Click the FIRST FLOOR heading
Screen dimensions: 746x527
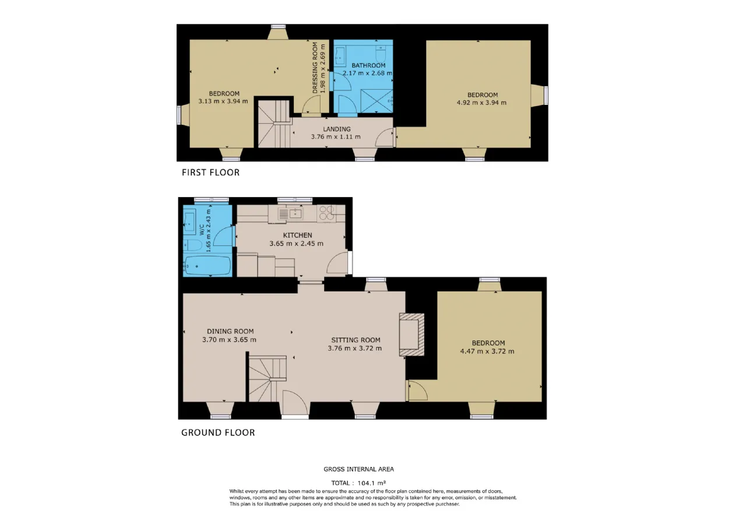210,173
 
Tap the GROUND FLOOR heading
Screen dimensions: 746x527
218,433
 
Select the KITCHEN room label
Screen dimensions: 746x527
297,235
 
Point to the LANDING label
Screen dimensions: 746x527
337,129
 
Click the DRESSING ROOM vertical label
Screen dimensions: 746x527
315,68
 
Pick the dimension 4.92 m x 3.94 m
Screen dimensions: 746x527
481,103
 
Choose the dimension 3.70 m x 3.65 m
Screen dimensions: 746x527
229,340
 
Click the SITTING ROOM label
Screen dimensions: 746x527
356,340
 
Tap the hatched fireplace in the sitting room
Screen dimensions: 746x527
411,335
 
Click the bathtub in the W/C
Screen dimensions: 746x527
207,266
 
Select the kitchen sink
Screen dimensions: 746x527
290,214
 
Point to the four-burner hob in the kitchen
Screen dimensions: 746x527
326,213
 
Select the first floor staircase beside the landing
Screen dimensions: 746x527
274,124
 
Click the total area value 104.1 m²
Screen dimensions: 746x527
372,483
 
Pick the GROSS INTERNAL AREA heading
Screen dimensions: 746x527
358,469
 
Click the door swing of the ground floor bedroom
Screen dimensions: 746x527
418,391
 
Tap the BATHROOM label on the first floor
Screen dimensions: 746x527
368,66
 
